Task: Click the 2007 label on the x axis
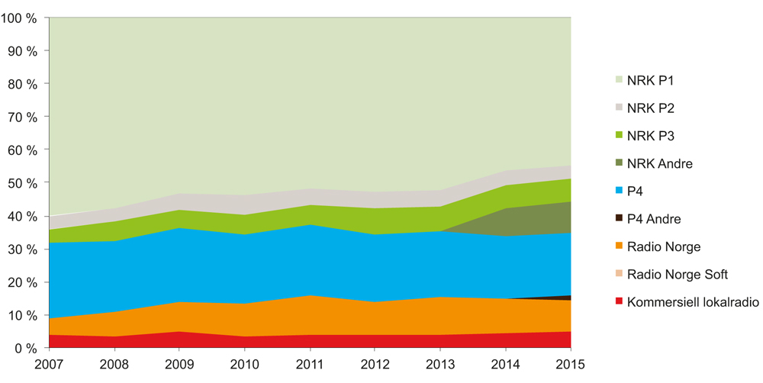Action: pyautogui.click(x=50, y=363)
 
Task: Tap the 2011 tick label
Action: pyautogui.click(x=310, y=363)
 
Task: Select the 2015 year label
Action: pyautogui.click(x=570, y=363)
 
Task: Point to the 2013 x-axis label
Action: pyautogui.click(x=440, y=363)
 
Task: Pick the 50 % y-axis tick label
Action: pyautogui.click(x=22, y=183)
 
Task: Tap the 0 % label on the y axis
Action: pyautogui.click(x=25, y=348)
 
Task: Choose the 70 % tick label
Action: pyautogui.click(x=22, y=117)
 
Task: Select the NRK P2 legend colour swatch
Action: pyautogui.click(x=619, y=108)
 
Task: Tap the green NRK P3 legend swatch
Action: pyautogui.click(x=619, y=136)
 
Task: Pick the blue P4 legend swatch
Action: pyautogui.click(x=619, y=191)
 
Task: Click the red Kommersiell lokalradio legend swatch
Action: pyautogui.click(x=619, y=301)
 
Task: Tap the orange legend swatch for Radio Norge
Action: pyautogui.click(x=619, y=246)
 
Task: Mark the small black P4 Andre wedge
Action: pyautogui.click(x=566, y=298)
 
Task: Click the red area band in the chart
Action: pyautogui.click(x=305, y=341)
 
